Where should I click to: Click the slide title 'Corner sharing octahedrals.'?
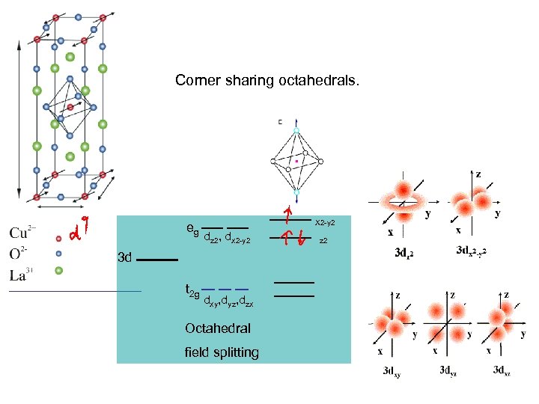click(267, 80)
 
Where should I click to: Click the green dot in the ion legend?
click(59, 270)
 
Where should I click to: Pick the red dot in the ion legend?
click(59, 239)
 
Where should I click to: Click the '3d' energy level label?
click(125, 258)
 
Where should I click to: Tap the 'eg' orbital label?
click(192, 229)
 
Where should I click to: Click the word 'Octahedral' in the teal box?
click(218, 328)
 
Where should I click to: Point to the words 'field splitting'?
click(222, 352)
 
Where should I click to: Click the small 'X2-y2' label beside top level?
click(324, 223)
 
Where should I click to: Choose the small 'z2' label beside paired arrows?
click(323, 241)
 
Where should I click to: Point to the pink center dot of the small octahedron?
click(296, 160)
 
